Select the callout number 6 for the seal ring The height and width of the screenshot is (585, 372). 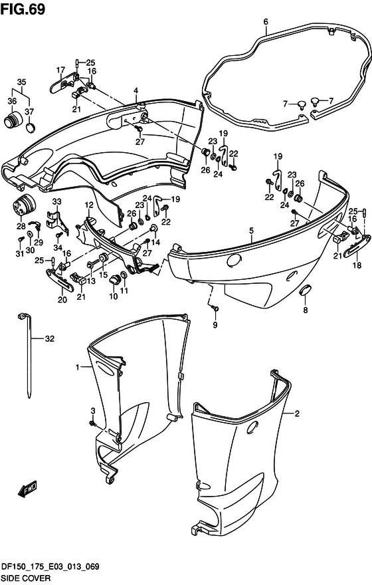[x=266, y=22]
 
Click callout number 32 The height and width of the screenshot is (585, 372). [x=50, y=338]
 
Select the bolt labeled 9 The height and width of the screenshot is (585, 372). [x=215, y=308]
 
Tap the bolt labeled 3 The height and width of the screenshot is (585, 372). [x=92, y=423]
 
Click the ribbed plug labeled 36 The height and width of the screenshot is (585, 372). [x=13, y=120]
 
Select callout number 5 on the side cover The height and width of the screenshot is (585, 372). [x=252, y=231]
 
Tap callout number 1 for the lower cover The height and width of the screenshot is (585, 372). [x=78, y=368]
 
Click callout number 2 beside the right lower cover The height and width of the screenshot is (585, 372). [x=297, y=413]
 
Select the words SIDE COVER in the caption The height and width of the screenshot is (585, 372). [x=26, y=578]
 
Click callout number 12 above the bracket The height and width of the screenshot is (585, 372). [x=89, y=205]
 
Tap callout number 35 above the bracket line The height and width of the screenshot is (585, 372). [x=22, y=82]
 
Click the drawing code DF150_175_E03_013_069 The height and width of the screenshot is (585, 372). [x=50, y=566]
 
